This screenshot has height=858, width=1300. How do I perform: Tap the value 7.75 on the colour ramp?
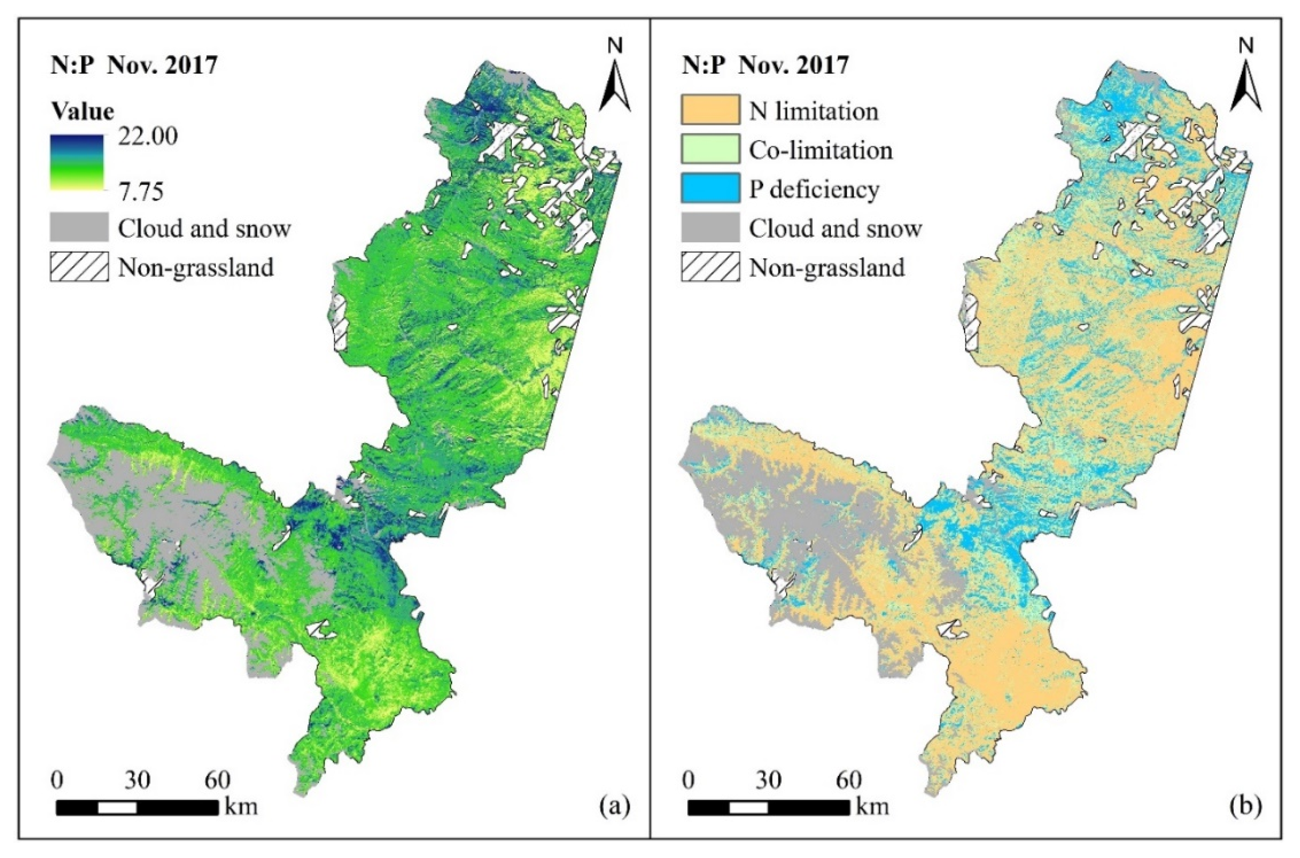coord(142,192)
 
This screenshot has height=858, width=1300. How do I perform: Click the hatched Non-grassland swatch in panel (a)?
coord(79,267)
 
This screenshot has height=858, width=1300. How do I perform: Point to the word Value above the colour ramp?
coord(82,111)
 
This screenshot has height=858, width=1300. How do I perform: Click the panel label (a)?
coord(615,805)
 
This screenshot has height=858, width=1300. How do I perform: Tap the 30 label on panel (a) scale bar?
coord(137,780)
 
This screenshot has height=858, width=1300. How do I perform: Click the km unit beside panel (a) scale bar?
coord(241,807)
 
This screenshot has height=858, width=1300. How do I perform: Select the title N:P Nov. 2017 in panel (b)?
coord(765,65)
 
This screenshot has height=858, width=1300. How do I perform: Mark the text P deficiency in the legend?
coord(814,189)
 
